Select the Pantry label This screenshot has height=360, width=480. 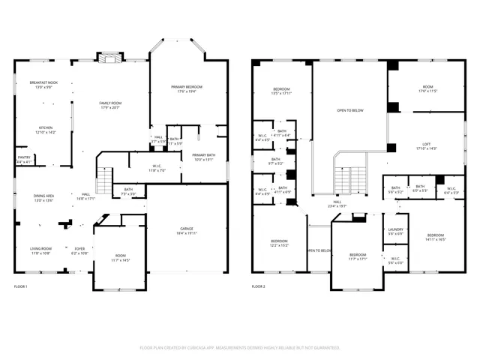[x=24, y=159]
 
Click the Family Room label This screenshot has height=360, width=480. [x=110, y=105]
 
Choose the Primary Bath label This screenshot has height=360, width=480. [x=203, y=157]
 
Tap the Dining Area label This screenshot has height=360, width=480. [x=43, y=198]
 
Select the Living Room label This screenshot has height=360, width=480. [x=41, y=250]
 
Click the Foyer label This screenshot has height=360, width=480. [x=79, y=250]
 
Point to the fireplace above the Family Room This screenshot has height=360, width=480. [x=110, y=58]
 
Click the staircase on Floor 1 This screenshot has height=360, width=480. [x=106, y=180]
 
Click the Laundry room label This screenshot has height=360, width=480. [x=395, y=232]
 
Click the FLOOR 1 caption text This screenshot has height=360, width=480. [x=21, y=286]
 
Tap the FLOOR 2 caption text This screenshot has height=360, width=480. [x=259, y=286]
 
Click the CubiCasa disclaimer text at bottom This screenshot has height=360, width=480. [x=240, y=347]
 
